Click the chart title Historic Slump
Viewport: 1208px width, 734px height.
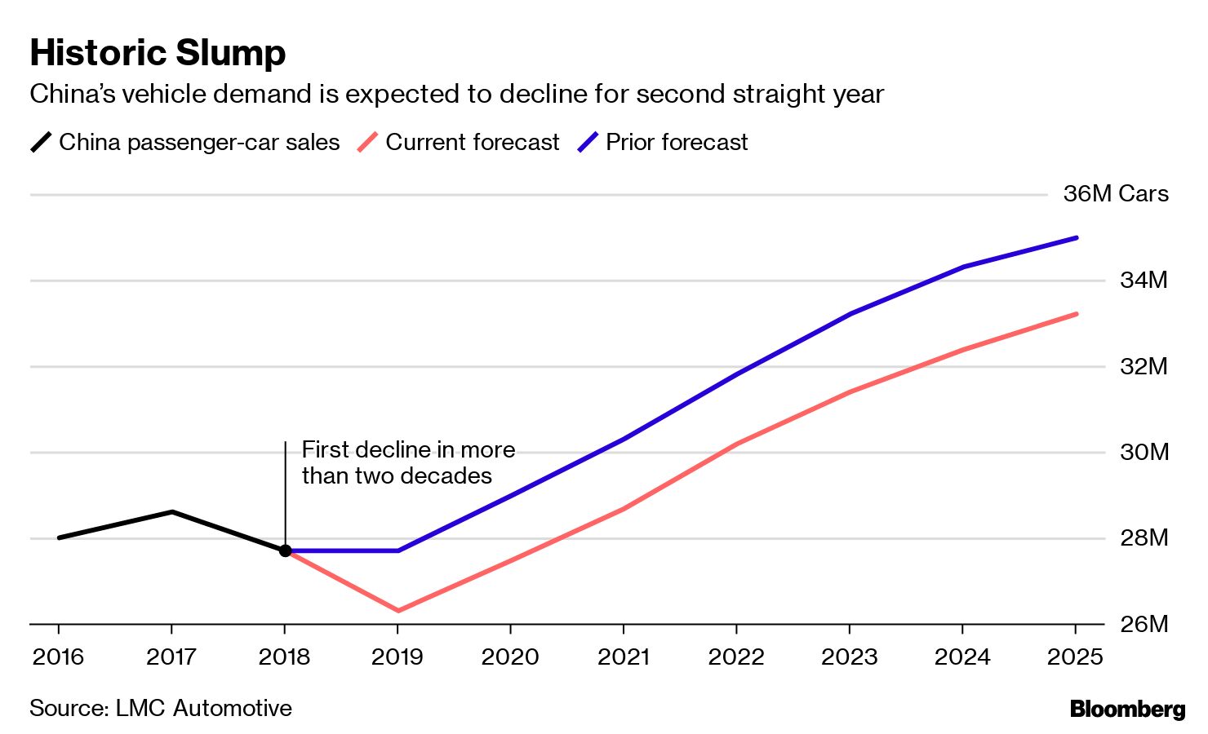158,53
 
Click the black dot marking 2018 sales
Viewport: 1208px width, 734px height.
285,550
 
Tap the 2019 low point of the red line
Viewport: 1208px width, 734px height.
397,610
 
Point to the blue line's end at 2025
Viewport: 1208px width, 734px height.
1076,237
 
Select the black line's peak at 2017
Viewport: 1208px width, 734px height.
172,511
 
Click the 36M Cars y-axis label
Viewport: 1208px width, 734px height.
1115,194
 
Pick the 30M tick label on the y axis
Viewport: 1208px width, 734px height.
1144,452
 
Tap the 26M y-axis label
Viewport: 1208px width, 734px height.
1144,624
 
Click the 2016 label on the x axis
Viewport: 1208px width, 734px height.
58,657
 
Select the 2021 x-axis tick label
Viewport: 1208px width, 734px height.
624,657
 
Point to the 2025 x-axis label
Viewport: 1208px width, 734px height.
1075,657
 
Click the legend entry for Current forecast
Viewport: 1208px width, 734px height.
472,142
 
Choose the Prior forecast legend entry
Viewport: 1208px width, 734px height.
676,142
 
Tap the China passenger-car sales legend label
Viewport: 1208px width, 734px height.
199,142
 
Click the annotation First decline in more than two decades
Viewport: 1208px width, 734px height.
407,462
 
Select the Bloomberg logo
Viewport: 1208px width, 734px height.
1127,709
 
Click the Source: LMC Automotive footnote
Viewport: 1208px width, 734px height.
161,708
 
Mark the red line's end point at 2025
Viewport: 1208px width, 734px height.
1076,313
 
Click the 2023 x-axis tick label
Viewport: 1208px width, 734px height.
849,657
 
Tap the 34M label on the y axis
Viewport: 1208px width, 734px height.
1144,281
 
